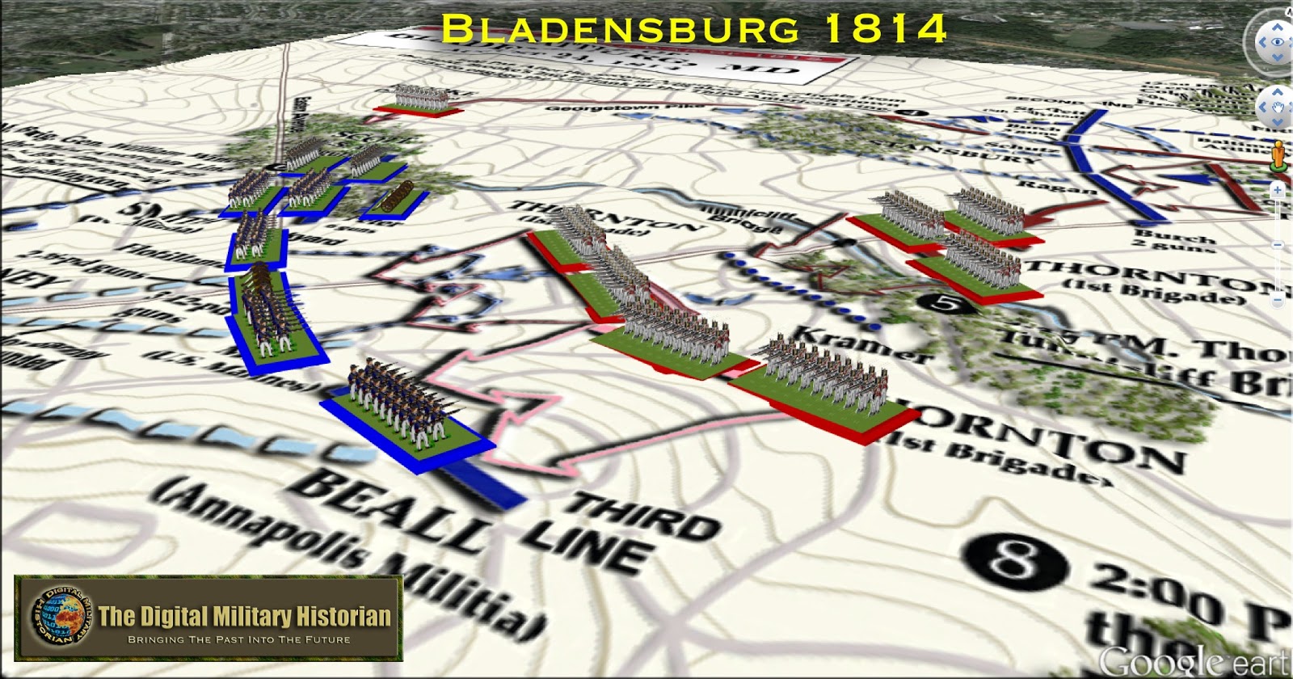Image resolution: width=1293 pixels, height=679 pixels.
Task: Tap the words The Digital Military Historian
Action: point(245,617)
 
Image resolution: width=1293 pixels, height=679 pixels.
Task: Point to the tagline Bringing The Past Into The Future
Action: point(239,639)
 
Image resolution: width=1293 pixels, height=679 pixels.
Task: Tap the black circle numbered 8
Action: point(1012,559)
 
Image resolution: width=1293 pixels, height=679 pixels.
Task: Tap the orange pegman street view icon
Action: point(1278,155)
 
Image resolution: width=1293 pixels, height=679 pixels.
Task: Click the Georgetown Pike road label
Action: point(614,106)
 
